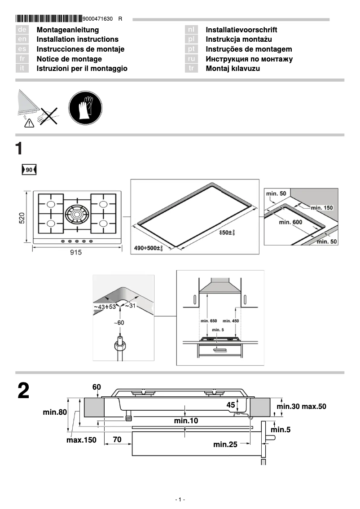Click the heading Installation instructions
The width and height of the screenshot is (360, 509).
[x=77, y=39]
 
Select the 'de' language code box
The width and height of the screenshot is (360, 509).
[x=22, y=30]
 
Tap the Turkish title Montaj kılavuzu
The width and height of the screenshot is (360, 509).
[x=233, y=69]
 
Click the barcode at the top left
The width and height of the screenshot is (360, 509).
[x=49, y=19]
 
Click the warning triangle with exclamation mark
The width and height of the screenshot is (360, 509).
[x=29, y=124]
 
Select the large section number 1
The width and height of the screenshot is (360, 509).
[x=19, y=149]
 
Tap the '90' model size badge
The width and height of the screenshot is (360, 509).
[x=29, y=170]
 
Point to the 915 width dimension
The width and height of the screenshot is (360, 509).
[x=76, y=253]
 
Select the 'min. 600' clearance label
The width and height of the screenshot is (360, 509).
[x=290, y=222]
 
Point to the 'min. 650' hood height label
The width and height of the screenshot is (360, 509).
[x=207, y=321]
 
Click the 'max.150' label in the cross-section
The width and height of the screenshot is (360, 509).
[x=81, y=440]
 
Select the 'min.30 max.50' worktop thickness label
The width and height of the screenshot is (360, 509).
[x=301, y=407]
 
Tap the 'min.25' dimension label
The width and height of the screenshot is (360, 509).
[x=225, y=445]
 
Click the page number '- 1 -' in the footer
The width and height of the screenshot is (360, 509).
[x=180, y=500]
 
